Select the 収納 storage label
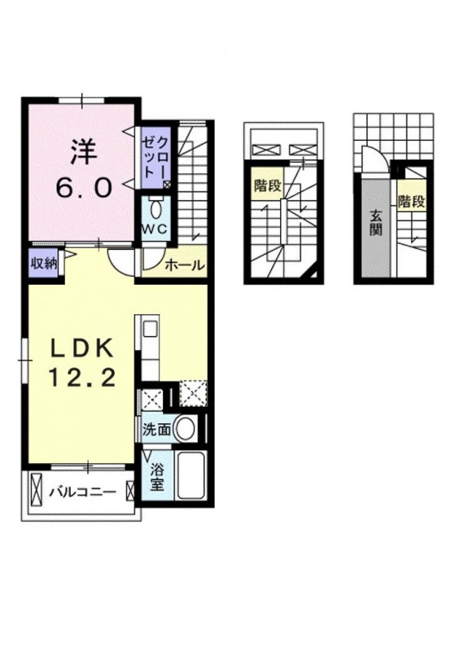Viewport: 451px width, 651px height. pyautogui.click(x=43, y=264)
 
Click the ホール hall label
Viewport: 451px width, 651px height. pyautogui.click(x=184, y=265)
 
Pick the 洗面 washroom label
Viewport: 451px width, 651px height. pyautogui.click(x=156, y=430)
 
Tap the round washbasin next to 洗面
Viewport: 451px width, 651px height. pyautogui.click(x=186, y=429)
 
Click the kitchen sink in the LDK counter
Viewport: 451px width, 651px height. pyautogui.click(x=151, y=330)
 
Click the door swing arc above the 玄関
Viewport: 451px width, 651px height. pyautogui.click(x=371, y=161)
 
